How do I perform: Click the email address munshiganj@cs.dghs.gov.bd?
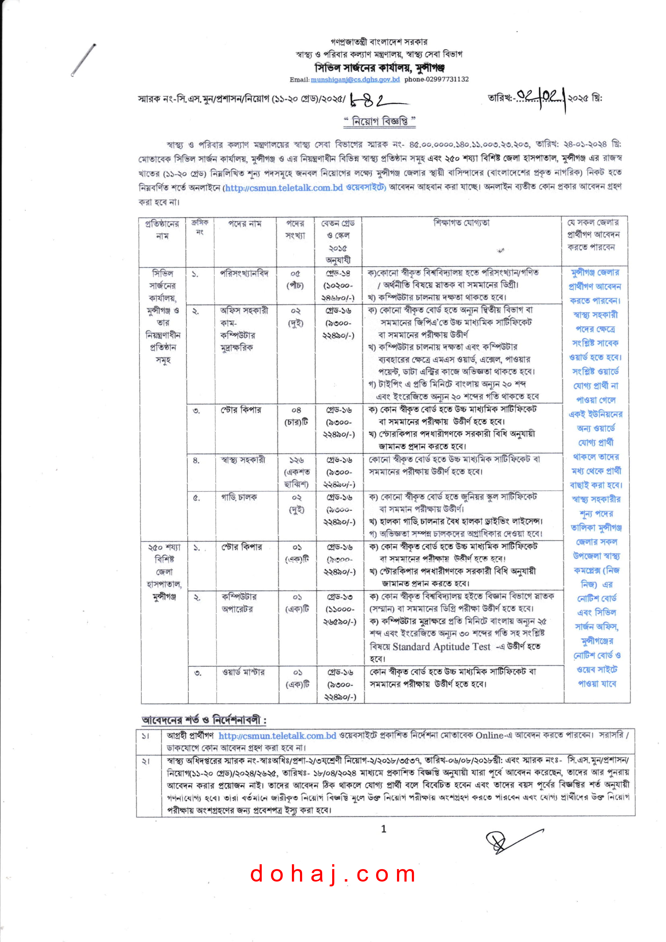(x=355, y=79)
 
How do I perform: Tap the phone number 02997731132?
(x=436, y=79)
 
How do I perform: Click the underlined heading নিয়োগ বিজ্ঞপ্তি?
(x=379, y=121)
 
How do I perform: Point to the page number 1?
(x=383, y=829)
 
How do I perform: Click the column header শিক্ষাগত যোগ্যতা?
(x=461, y=223)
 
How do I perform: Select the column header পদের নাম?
(x=245, y=224)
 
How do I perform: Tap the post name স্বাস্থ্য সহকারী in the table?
(x=243, y=460)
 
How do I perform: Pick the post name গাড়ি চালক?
(x=239, y=497)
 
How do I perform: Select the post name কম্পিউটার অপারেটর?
(x=239, y=603)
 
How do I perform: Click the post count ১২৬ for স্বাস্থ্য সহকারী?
(x=296, y=461)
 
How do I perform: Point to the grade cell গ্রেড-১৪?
(x=338, y=273)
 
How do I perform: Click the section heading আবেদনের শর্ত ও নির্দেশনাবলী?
(x=204, y=720)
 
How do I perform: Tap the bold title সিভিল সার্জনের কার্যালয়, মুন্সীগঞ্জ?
(x=379, y=67)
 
